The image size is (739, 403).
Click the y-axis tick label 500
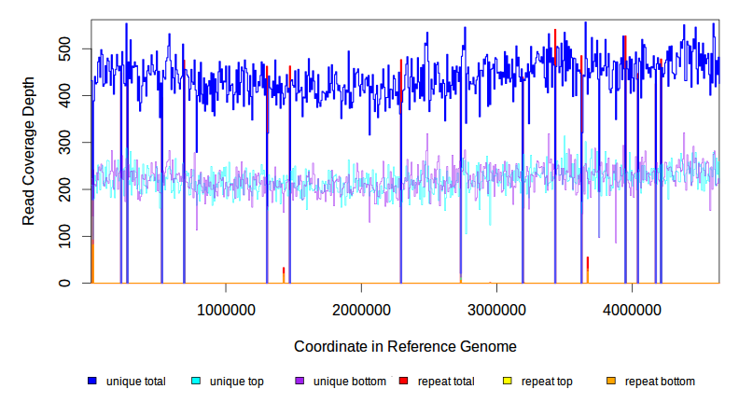[x=68, y=49]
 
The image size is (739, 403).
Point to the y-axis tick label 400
[x=68, y=95]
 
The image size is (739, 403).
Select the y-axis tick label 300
[x=68, y=143]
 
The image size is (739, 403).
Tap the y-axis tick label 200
[x=68, y=189]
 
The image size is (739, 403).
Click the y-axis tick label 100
[x=68, y=236]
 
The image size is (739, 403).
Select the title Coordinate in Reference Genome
[x=405, y=346]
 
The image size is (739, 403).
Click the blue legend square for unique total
[x=92, y=382]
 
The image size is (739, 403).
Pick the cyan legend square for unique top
[x=196, y=382]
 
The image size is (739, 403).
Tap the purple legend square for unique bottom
[x=300, y=382]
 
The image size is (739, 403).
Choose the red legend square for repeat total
[x=403, y=382]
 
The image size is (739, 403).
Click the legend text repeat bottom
[x=660, y=382]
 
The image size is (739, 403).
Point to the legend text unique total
[x=136, y=382]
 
